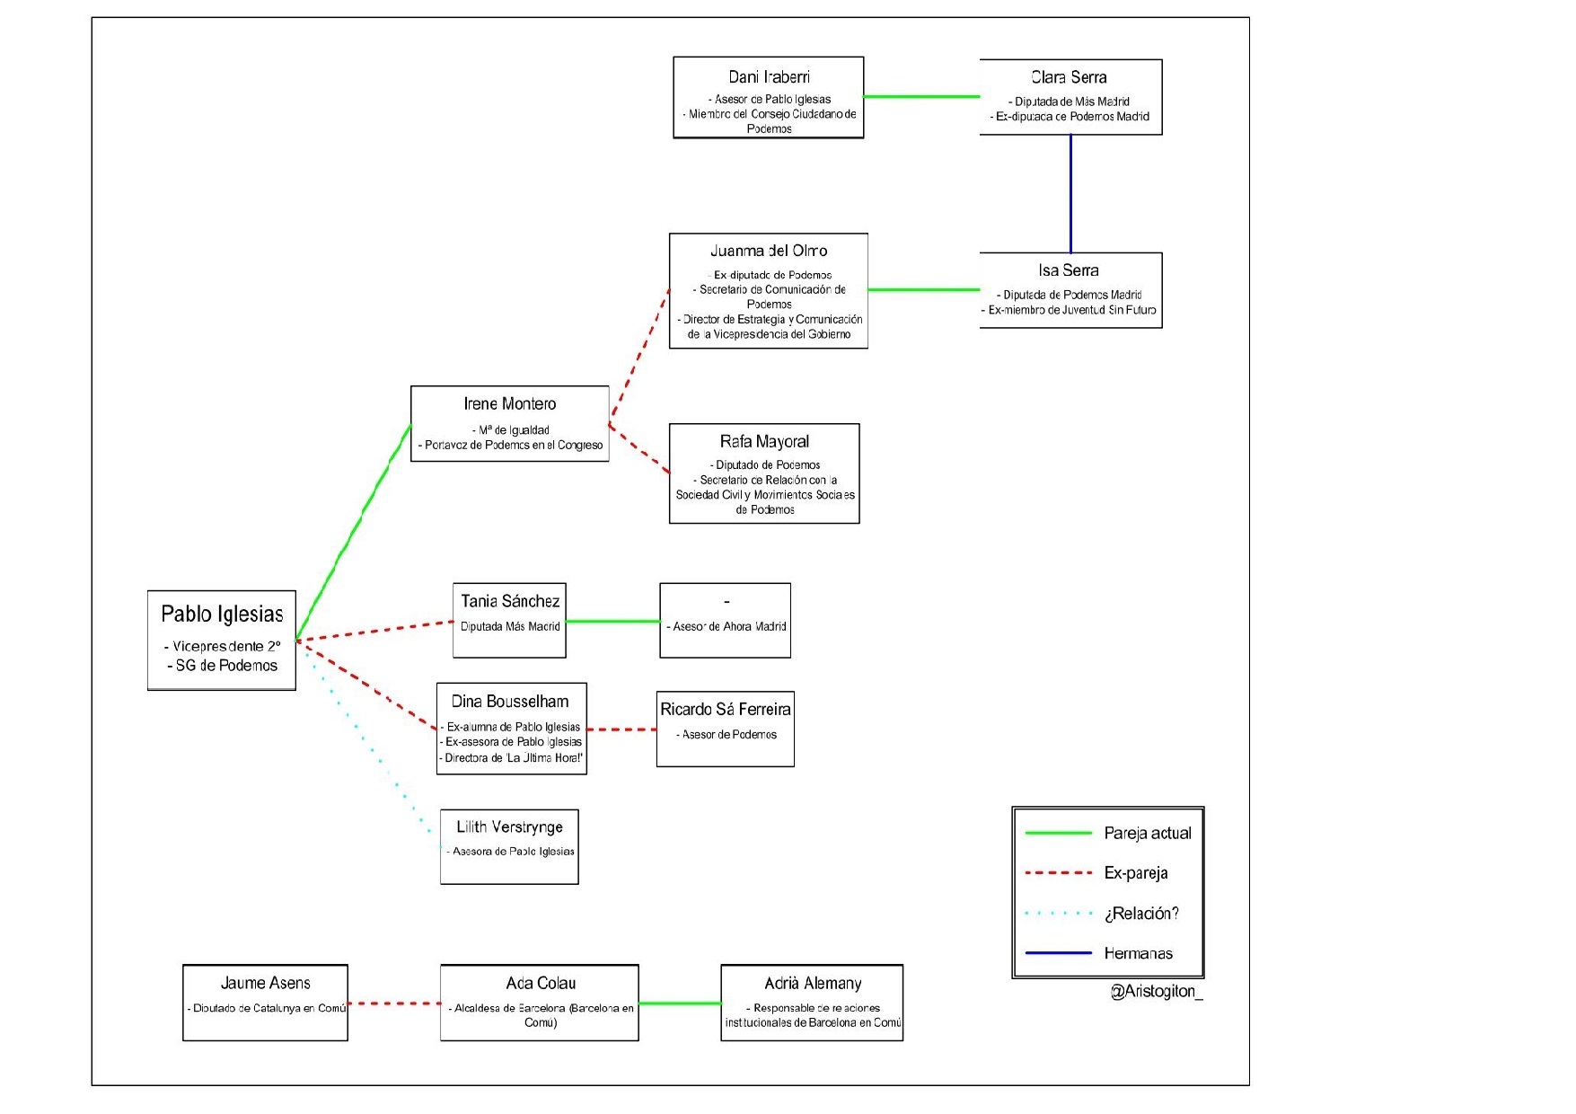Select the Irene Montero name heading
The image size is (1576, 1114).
pos(509,404)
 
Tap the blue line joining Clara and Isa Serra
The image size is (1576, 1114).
pos(1070,193)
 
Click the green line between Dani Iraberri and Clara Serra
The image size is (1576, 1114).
pos(921,96)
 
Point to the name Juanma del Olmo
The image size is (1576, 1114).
pos(769,251)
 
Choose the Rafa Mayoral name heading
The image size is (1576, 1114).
pos(764,442)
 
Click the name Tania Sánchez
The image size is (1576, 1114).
pos(510,601)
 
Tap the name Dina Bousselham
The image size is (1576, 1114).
pos(510,702)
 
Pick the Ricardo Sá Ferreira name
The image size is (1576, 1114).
pos(726,709)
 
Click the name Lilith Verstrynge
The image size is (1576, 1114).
pos(509,827)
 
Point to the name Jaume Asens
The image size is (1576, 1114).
pos(265,983)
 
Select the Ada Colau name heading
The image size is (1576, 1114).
pos(541,983)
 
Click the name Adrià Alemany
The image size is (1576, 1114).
pos(813,983)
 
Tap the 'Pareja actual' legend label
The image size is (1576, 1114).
pos(1148,833)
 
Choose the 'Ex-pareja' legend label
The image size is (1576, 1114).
pos(1136,872)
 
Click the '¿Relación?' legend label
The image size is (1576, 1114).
pos(1141,913)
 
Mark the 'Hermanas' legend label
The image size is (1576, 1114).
pos(1139,953)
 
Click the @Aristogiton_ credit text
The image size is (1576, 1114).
pos(1157,991)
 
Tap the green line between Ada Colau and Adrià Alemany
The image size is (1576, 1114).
pos(680,1003)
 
